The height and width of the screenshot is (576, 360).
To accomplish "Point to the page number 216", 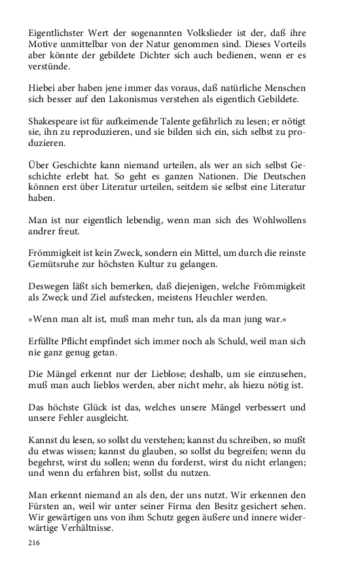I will (x=35, y=543).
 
